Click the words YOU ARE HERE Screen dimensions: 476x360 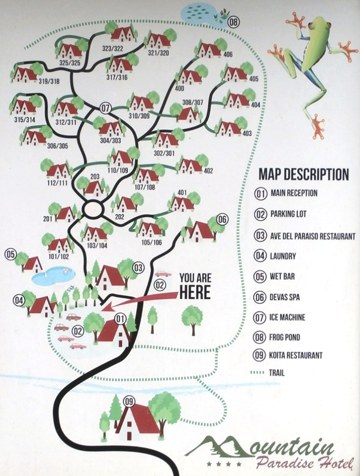[195, 286]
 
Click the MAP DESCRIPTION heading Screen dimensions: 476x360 [303, 174]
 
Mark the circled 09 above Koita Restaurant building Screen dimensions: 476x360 [129, 402]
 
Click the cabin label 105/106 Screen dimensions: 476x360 [151, 243]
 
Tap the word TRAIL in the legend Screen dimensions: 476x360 [277, 373]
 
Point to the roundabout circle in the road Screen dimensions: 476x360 [93, 208]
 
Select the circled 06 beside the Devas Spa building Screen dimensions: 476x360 [222, 219]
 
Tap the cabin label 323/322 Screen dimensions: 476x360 [113, 49]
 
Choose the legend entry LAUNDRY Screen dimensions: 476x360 [283, 256]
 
